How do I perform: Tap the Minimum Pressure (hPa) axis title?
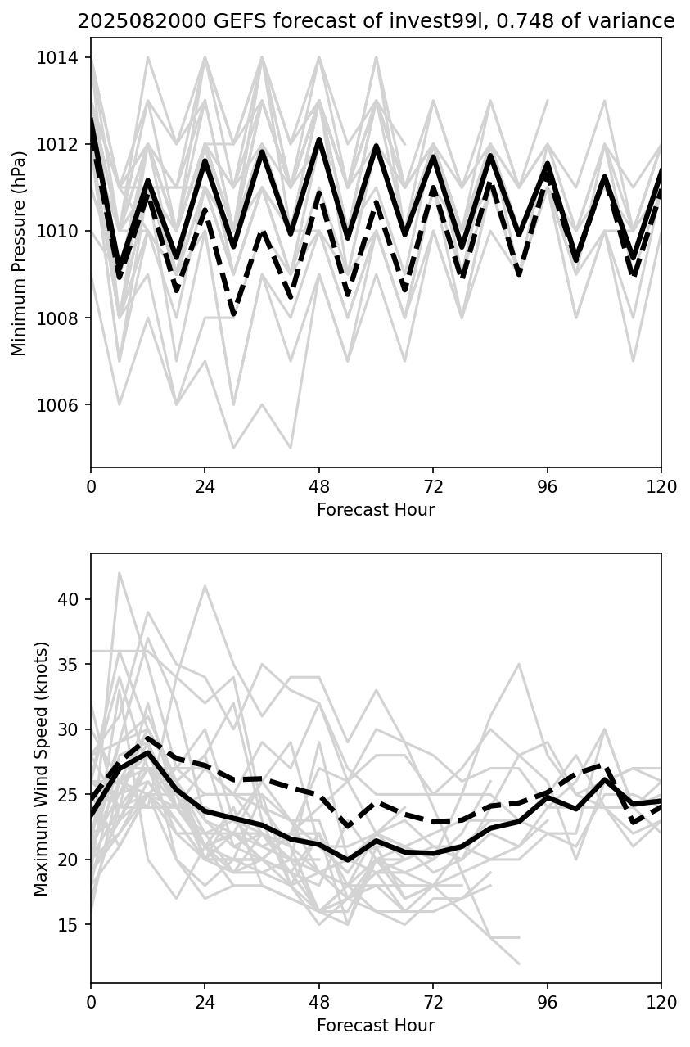pyautogui.click(x=19, y=259)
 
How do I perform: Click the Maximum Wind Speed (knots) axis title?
pyautogui.click(x=41, y=769)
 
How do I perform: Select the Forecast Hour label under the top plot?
pyautogui.click(x=376, y=510)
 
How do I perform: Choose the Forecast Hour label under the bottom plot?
pyautogui.click(x=376, y=1025)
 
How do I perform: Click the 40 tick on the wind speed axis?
pyautogui.click(x=69, y=599)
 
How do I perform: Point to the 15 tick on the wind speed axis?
pyautogui.click(x=69, y=925)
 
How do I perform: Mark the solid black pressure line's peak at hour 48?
pyautogui.click(x=319, y=139)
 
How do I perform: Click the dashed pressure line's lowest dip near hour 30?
pyautogui.click(x=234, y=314)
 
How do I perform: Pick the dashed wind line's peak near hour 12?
pyautogui.click(x=147, y=738)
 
